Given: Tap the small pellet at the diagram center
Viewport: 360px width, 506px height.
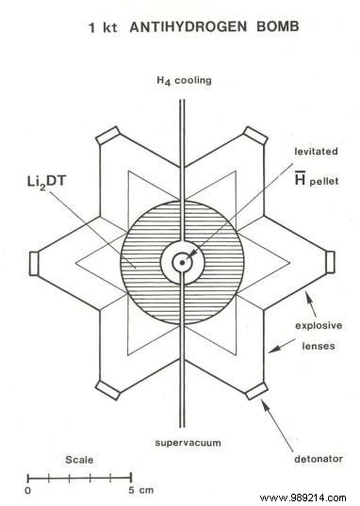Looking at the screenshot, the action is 180,261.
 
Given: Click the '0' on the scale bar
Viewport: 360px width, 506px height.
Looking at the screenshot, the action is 28,490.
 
